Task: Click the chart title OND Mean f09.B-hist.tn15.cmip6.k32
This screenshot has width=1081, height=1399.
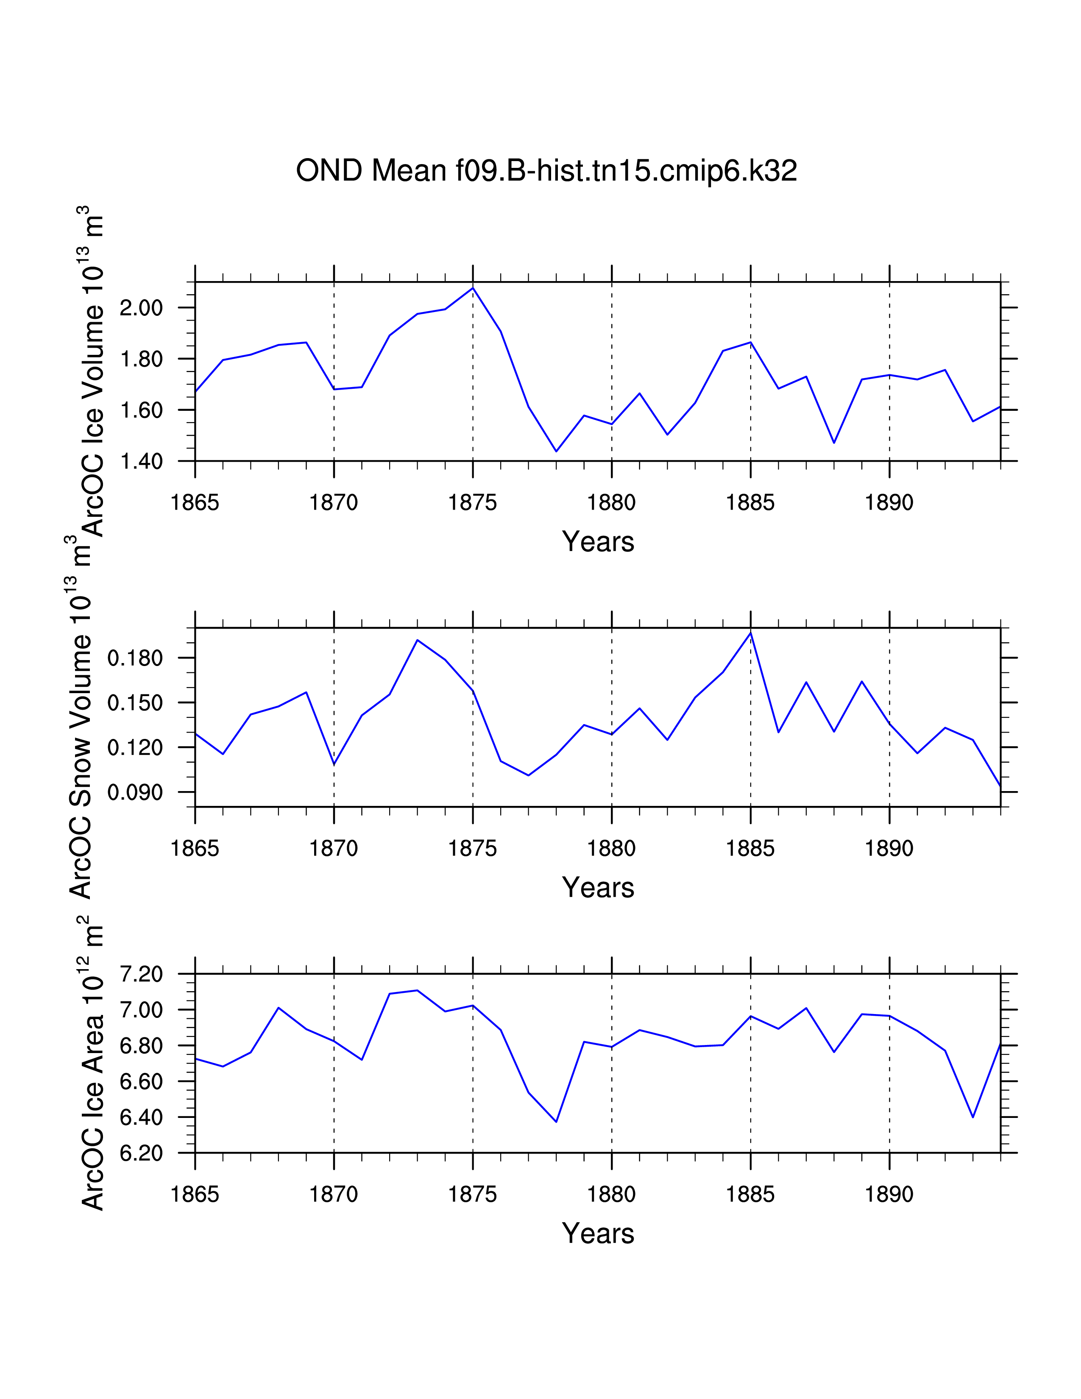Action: [546, 171]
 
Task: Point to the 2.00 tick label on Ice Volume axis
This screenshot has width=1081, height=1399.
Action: [142, 308]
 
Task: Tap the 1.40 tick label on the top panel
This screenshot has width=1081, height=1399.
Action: [142, 461]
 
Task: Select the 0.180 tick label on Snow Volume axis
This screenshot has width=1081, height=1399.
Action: [135, 658]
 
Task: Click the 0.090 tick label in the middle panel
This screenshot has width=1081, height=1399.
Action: [135, 792]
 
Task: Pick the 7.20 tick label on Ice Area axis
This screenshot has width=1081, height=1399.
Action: [142, 974]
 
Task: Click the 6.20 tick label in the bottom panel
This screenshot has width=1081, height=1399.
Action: [142, 1153]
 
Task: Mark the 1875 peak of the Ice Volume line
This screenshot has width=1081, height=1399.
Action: [473, 287]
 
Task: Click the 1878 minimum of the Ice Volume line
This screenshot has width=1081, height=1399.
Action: [556, 451]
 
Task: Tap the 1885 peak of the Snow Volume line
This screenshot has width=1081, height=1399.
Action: [750, 633]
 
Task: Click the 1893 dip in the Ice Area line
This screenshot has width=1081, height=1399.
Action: [973, 1117]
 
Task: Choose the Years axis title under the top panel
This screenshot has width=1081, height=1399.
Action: [598, 542]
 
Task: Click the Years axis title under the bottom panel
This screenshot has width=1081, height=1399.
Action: [598, 1234]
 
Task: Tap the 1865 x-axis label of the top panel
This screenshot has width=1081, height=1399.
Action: [195, 503]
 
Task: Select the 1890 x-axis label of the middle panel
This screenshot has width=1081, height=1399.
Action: [889, 849]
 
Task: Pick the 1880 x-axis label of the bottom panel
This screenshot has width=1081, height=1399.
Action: [612, 1195]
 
